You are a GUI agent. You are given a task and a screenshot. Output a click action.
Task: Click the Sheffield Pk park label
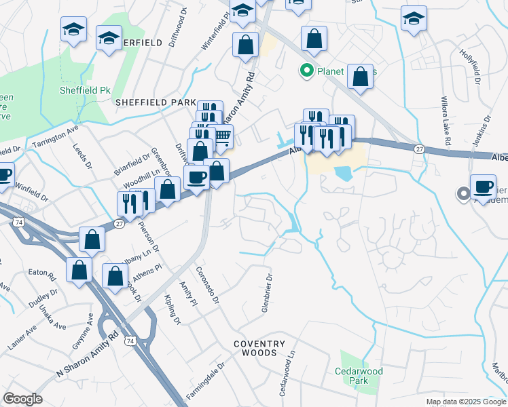(85, 90)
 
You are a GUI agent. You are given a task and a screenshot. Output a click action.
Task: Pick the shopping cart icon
(222, 136)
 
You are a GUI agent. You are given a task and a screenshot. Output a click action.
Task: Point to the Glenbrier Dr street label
(267, 292)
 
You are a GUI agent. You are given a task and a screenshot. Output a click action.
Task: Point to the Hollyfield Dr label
(469, 68)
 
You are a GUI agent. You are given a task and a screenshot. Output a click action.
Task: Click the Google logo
(22, 398)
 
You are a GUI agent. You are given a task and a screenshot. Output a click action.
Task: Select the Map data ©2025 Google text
(465, 402)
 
